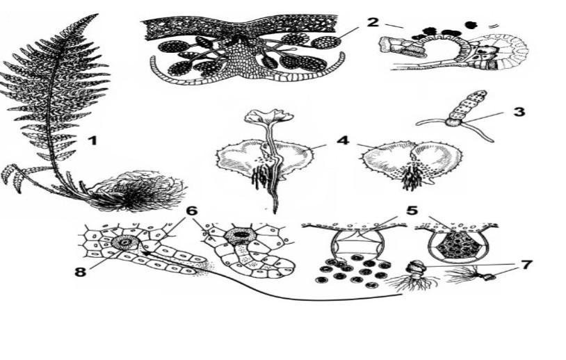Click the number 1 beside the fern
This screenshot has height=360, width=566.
tap(93, 140)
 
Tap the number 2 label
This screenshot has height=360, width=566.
tap(373, 22)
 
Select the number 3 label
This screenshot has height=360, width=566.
tap(519, 111)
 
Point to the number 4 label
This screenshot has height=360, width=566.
tap(343, 140)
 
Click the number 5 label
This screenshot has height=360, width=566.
tap(412, 211)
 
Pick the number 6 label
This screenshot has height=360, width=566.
tap(192, 211)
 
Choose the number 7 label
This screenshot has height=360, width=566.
tap(526, 264)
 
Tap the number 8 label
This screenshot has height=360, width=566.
tap(80, 271)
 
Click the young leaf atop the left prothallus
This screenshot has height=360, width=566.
tap(268, 117)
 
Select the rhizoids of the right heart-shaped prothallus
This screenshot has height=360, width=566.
tap(410, 177)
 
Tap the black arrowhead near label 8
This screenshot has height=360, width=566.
tap(145, 254)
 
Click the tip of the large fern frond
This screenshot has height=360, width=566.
tap(97, 15)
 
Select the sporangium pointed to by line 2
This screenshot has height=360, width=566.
tap(326, 42)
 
